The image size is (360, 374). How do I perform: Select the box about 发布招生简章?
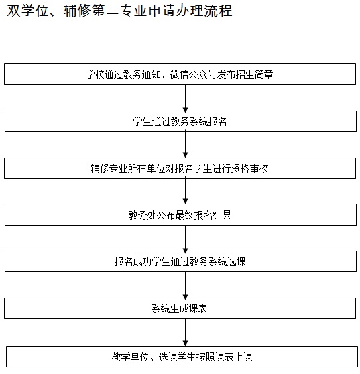(180, 74)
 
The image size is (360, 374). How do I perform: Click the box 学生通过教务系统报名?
(180, 121)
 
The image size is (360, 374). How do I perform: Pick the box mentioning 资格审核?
(180, 168)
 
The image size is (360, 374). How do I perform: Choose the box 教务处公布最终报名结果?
(180, 215)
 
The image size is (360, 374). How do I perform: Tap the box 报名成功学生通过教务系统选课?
(180, 261)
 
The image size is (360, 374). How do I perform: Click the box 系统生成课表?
(180, 308)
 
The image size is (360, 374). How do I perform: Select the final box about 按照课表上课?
(182, 357)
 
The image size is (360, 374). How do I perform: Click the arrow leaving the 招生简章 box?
(186, 98)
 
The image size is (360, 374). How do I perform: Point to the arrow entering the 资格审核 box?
(186, 145)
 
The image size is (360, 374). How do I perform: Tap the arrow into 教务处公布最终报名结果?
(186, 192)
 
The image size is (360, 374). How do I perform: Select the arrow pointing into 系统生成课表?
(186, 285)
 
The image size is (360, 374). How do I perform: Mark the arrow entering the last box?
(186, 332)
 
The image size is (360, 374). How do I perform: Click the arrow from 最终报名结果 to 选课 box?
(186, 239)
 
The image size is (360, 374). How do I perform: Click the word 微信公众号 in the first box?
(193, 74)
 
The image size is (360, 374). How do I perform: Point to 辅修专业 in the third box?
(109, 168)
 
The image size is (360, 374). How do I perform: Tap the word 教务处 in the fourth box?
(142, 215)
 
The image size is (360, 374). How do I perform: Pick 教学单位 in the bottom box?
(130, 357)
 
